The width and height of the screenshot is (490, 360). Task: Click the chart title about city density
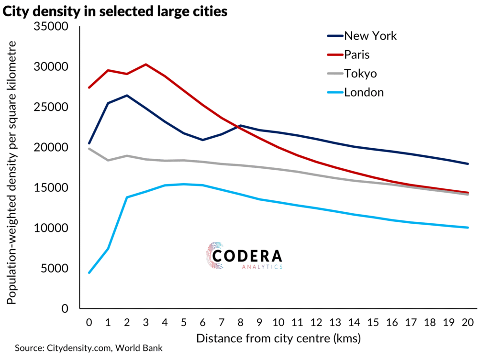click(115, 11)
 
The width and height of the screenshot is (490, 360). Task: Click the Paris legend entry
click(356, 55)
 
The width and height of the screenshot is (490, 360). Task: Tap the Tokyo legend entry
click(360, 74)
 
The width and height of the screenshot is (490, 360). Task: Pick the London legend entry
click(364, 92)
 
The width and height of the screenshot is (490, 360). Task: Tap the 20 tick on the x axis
click(468, 322)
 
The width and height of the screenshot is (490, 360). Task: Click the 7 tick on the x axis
click(222, 322)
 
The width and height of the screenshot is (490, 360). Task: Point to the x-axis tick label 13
click(335, 322)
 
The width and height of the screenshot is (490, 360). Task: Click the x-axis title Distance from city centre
click(278, 339)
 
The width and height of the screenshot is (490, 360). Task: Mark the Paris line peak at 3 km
click(146, 64)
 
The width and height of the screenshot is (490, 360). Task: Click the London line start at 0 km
click(89, 273)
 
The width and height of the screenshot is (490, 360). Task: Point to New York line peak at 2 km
click(127, 95)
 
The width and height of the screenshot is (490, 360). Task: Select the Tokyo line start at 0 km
click(89, 149)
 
